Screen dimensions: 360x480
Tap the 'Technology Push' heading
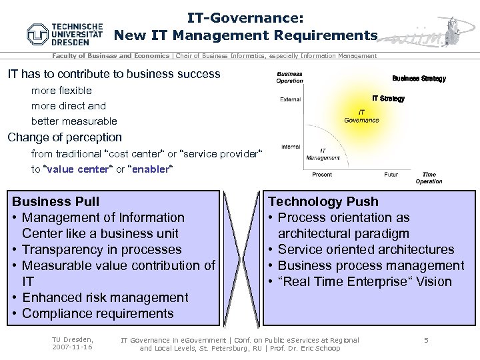[323, 201]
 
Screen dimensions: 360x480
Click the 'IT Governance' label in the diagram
[361, 116]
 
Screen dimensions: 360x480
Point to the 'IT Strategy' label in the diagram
[388, 99]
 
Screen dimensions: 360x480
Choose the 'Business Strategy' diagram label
[419, 79]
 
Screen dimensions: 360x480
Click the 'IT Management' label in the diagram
[323, 154]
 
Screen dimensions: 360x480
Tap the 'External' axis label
[290, 100]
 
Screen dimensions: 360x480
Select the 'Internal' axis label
[290, 147]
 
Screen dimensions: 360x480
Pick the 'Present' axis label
[322, 175]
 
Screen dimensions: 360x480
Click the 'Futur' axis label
[391, 175]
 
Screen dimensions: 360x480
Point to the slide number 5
[426, 341]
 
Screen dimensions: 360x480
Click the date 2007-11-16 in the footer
[73, 348]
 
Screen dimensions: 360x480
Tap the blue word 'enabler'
[150, 169]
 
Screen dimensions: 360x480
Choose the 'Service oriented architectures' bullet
[366, 249]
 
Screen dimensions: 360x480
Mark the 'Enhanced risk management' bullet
[105, 297]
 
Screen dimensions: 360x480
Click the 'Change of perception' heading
[65, 137]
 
